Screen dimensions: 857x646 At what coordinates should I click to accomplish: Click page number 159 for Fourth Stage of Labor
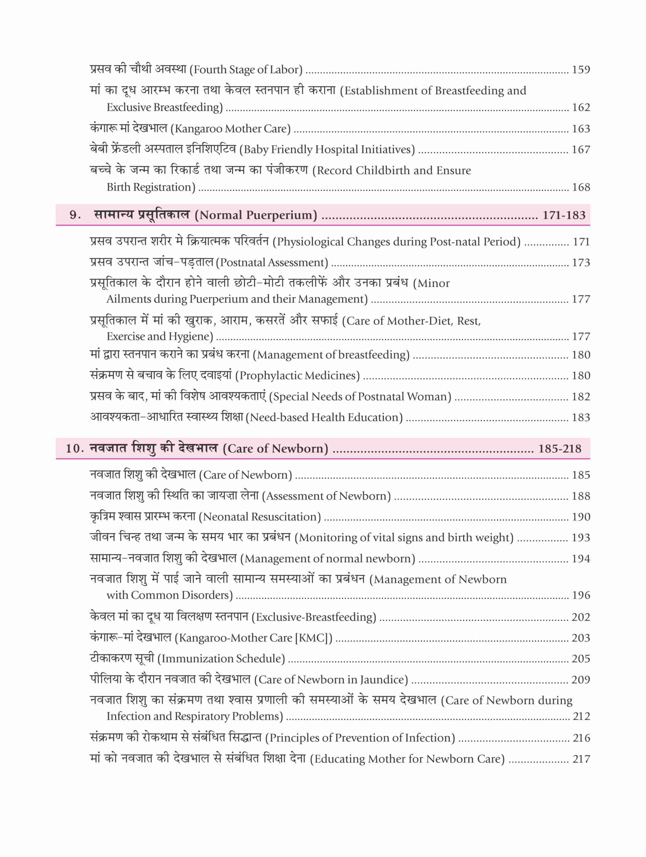coord(581,70)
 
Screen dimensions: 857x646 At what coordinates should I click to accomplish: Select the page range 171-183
coord(564,215)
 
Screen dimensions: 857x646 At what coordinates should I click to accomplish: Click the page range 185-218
coord(560,449)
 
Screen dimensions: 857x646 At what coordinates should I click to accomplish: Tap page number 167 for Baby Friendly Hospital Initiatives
coord(581,150)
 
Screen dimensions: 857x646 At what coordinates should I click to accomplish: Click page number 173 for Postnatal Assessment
coord(581,263)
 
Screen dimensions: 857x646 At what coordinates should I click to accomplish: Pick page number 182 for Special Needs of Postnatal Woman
coord(581,397)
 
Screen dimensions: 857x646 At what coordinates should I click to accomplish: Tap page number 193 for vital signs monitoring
coord(581,538)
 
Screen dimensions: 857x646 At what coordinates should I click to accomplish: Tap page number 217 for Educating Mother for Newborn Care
coord(581,759)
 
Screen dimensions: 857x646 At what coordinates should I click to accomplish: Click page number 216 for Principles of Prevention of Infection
coord(581,738)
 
